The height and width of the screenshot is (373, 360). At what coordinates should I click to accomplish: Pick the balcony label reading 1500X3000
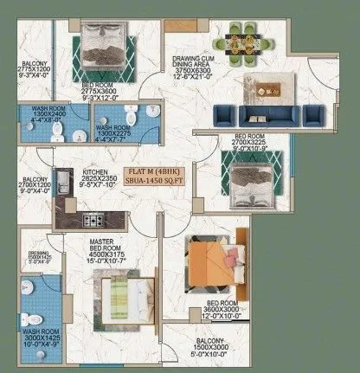(210, 345)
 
